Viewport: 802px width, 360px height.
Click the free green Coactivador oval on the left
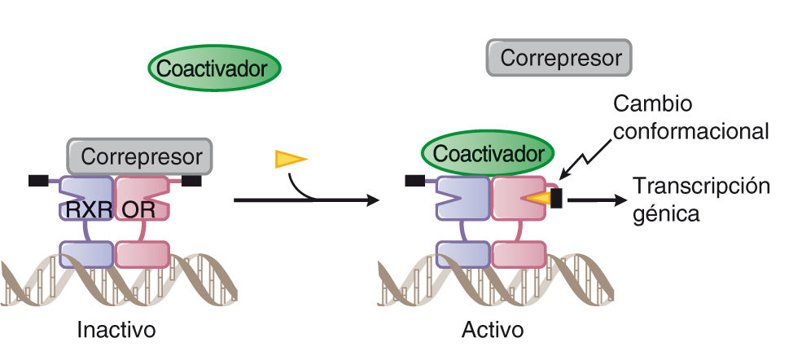214,69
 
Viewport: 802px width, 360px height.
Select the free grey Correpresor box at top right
560,59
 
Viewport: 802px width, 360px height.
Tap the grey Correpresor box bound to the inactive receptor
140,156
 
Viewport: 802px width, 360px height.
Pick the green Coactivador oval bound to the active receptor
488,152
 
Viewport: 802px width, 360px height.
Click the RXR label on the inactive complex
86,210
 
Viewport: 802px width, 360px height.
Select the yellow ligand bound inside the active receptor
537,197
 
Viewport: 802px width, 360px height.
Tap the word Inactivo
116,330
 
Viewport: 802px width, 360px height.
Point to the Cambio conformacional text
690,118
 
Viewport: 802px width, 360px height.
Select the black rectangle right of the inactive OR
191,180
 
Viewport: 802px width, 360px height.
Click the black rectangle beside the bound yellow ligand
556,197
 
